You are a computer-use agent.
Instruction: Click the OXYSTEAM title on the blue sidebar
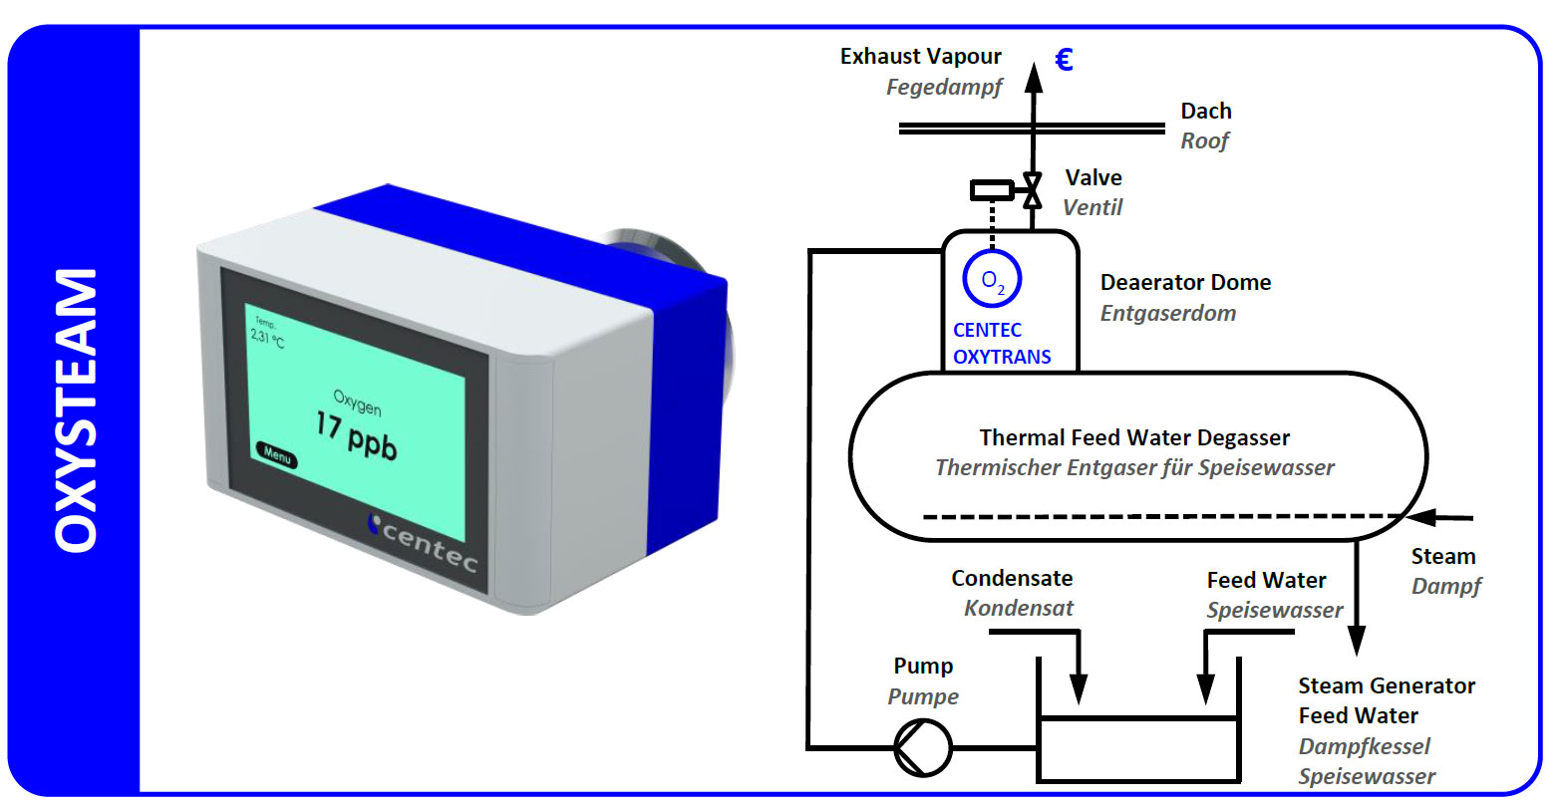coord(76,409)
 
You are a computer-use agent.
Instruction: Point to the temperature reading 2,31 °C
coord(266,336)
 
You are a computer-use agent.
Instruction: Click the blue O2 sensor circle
coord(992,280)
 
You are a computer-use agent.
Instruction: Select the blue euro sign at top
coord(1064,61)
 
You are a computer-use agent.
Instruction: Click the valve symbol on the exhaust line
coord(1033,189)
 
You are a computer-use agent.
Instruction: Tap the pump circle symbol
coord(922,746)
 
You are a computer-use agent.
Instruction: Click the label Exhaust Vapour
coord(920,57)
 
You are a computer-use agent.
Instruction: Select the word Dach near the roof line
coord(1206,112)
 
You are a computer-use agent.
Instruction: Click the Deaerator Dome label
coord(1185,283)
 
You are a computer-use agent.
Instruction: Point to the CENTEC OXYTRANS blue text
coord(1001,344)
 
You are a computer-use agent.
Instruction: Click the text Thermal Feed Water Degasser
coord(1134,438)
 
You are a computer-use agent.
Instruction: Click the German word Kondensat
coord(1019,609)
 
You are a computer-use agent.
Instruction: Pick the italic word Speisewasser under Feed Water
coord(1274,611)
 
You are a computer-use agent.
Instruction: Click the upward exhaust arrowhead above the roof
coord(1034,76)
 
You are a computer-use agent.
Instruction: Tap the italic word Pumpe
coord(923,696)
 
